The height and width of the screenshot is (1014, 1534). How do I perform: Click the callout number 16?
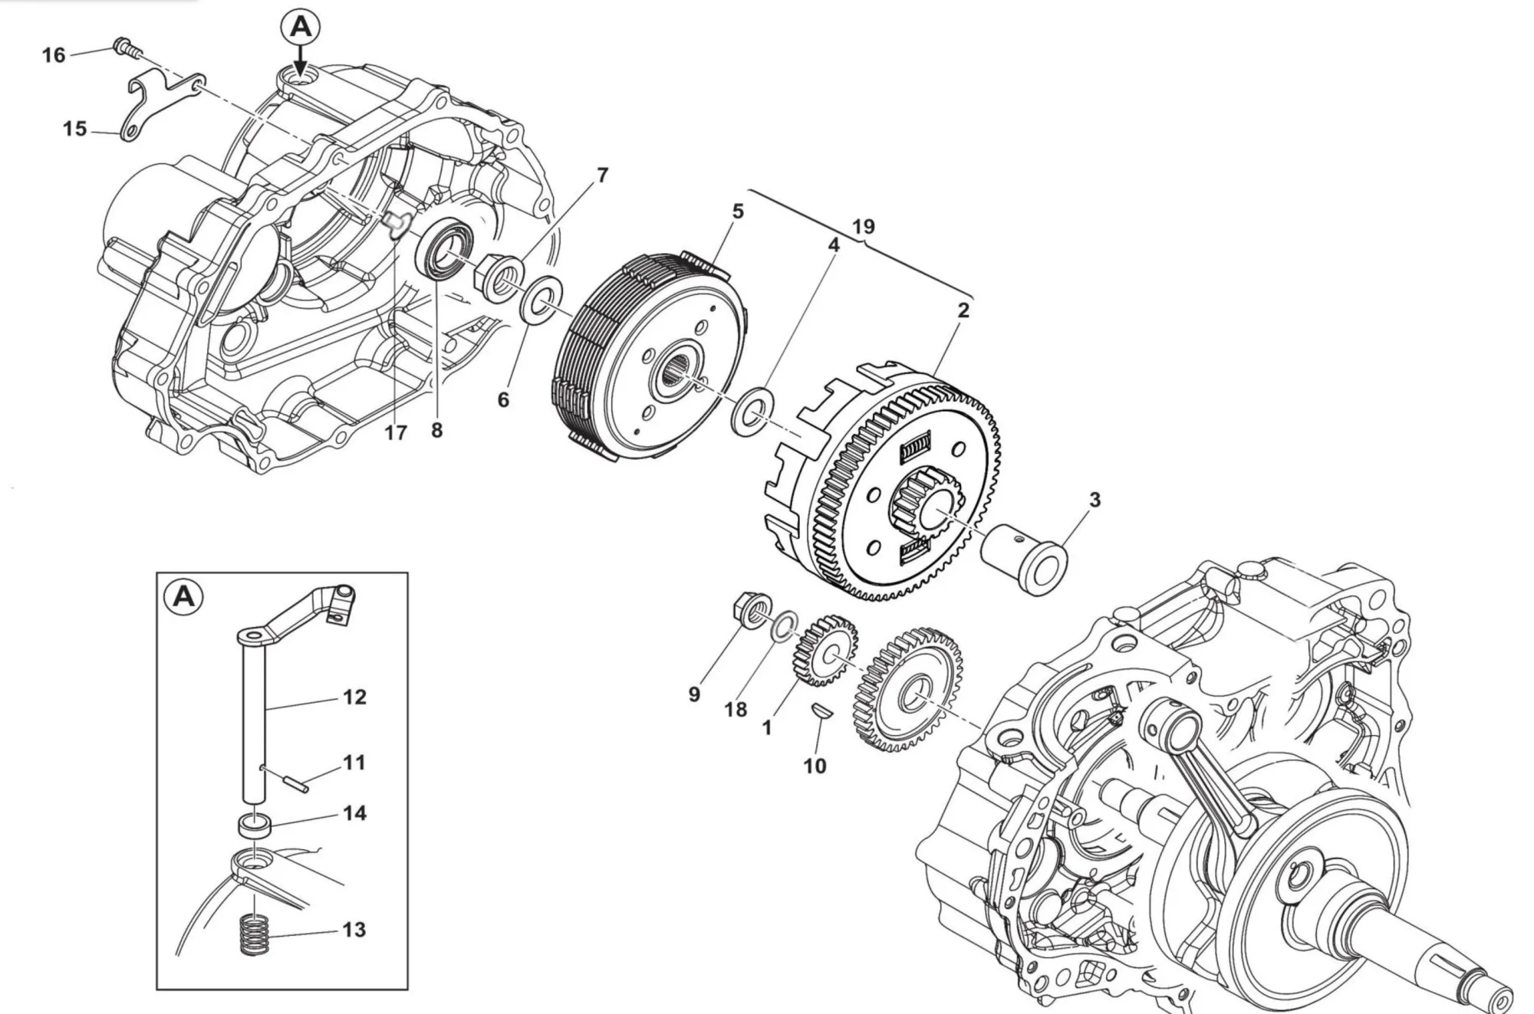(x=54, y=55)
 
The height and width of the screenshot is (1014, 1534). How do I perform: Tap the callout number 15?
(x=74, y=128)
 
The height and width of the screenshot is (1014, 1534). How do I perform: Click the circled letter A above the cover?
(x=300, y=28)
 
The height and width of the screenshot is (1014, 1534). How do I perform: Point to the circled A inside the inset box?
(x=184, y=596)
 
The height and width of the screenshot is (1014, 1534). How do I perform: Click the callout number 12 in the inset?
(x=354, y=697)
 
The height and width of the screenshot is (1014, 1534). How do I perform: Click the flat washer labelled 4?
(x=752, y=412)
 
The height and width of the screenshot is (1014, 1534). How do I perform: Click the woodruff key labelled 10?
(x=820, y=710)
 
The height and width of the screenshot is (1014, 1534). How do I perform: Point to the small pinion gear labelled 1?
(x=825, y=650)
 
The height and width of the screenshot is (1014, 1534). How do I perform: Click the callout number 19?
(x=863, y=227)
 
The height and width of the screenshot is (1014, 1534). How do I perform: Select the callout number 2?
(x=963, y=310)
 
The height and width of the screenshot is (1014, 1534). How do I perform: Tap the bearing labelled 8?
(x=443, y=247)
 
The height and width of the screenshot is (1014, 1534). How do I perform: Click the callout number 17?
(x=395, y=433)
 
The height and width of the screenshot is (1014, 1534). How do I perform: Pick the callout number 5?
(x=738, y=212)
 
